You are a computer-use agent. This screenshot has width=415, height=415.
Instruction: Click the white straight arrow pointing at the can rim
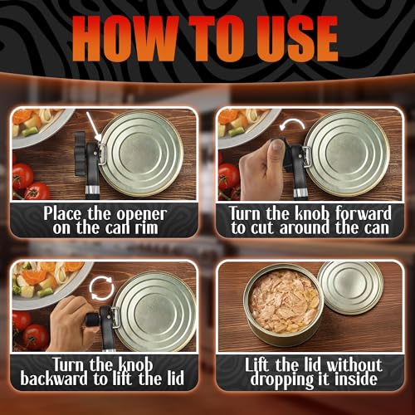pos(94,126)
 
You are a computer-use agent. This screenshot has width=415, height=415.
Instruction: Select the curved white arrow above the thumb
pos(291,124)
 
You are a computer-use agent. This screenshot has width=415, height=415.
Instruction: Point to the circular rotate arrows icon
pos(102,288)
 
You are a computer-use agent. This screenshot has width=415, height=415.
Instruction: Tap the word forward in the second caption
pos(364,213)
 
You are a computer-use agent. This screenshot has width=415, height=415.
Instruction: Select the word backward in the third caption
pos(54,378)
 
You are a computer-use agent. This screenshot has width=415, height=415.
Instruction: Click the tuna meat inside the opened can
pos(284,301)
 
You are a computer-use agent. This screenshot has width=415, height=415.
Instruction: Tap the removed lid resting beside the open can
pos(351,288)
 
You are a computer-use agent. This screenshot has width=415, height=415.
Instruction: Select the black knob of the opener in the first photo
pos(80,154)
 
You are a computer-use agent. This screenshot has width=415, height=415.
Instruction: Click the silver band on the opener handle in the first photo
pos(92,190)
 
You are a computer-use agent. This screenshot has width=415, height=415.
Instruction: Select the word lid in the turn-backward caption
pos(175,378)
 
